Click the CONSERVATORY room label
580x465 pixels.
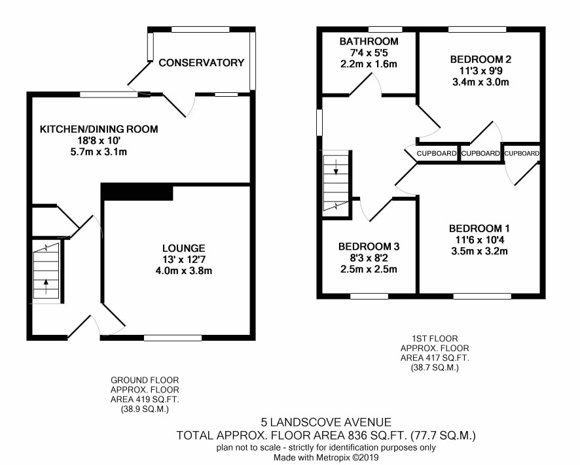click(x=202, y=63)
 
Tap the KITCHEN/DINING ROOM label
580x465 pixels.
click(x=99, y=129)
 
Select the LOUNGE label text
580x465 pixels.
click(x=183, y=248)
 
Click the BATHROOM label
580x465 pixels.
click(x=369, y=41)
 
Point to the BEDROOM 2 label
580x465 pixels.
click(x=480, y=59)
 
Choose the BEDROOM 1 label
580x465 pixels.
click(x=479, y=228)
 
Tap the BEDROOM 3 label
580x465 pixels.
click(x=369, y=246)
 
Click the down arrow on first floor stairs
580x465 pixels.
click(x=336, y=167)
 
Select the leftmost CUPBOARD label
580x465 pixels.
click(x=437, y=153)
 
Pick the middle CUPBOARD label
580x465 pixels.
click(x=480, y=153)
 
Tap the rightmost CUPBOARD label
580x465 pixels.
click(x=522, y=153)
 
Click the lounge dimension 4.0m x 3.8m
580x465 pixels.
click(x=184, y=271)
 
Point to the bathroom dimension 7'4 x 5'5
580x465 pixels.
click(x=369, y=52)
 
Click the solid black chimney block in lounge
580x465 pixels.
click(x=137, y=192)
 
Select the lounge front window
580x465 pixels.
click(x=173, y=338)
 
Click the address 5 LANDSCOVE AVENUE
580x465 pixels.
click(x=326, y=422)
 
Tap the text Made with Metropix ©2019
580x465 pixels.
click(x=326, y=458)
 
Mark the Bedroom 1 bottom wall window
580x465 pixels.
click(x=482, y=296)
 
